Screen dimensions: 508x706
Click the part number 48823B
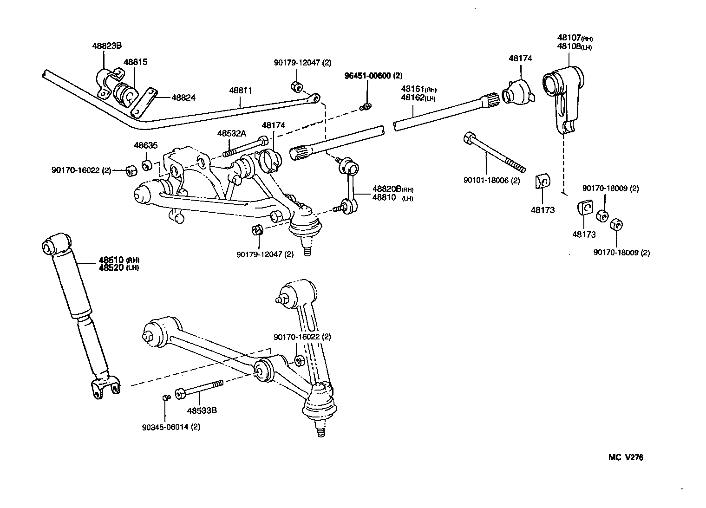(x=106, y=46)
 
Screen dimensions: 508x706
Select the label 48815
(x=135, y=62)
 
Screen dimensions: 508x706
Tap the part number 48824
(x=183, y=98)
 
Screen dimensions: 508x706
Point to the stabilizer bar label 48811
(x=240, y=91)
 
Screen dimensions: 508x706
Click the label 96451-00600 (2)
(x=373, y=76)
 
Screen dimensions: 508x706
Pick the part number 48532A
(x=231, y=134)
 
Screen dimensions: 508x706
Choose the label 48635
(x=146, y=145)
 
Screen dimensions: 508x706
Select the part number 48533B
(x=202, y=410)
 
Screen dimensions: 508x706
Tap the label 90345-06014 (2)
(x=172, y=427)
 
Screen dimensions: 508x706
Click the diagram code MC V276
(x=626, y=457)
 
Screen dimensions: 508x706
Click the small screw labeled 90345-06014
(x=165, y=397)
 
